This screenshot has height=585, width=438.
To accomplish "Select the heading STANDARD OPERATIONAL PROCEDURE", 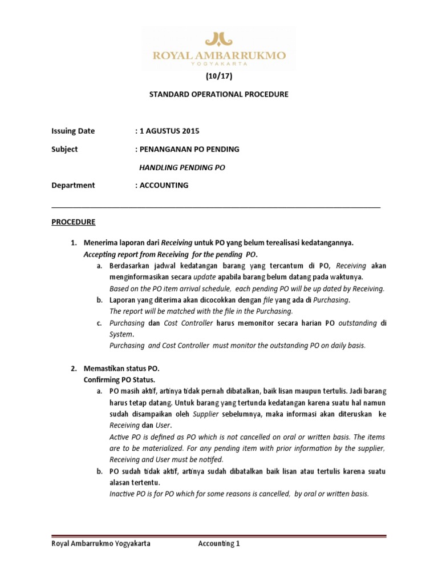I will (218, 94).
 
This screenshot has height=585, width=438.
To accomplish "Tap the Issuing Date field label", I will (73, 131).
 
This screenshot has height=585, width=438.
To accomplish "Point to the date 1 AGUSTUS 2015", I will (169, 131).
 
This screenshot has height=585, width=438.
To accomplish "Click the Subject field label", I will (64, 149).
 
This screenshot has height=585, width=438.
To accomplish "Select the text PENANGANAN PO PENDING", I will (189, 149).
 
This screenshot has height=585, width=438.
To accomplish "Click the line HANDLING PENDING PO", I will (182, 167).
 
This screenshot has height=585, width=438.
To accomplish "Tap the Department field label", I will (73, 185).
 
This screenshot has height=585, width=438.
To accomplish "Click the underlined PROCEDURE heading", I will (74, 221).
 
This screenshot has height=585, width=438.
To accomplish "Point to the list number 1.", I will (73, 243).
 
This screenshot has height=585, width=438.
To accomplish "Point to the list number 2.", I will (73, 369).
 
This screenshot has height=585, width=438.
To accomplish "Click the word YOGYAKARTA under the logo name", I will (218, 65).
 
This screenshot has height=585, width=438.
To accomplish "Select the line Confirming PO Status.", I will (119, 380).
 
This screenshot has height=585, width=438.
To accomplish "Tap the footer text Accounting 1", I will (219, 544).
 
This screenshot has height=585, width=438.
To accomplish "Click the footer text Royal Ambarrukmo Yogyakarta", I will (101, 544).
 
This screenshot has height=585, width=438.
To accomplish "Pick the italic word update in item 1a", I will (205, 277).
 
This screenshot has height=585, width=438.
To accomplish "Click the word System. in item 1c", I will (120, 334).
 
